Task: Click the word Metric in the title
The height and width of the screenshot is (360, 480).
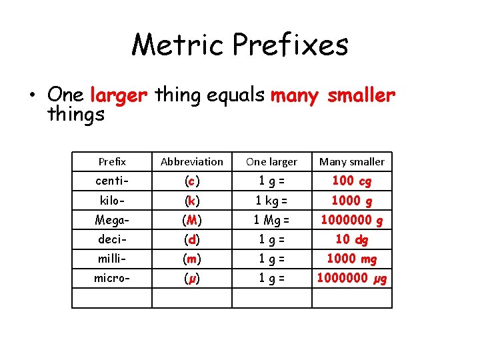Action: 177,45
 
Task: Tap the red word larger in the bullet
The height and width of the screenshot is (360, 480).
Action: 118,96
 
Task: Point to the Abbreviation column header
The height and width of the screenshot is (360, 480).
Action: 192,161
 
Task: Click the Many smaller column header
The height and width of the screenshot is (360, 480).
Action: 352,161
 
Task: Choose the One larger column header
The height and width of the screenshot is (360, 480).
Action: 272,161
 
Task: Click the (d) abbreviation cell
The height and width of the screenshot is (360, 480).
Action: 192,239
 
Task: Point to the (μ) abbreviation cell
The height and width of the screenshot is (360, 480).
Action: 192,278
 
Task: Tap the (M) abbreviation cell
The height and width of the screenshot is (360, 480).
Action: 192,220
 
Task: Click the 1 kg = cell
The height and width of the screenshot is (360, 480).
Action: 272,200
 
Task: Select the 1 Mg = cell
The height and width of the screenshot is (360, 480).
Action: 272,219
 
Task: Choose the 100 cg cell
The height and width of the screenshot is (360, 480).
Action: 352,181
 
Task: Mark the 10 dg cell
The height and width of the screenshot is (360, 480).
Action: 352,239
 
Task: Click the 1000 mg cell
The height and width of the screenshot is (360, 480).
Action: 352,259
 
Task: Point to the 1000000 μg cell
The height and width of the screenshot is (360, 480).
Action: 352,278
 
